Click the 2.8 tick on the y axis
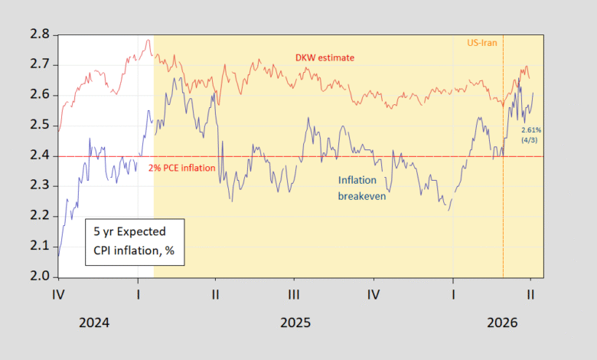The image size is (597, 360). (39, 35)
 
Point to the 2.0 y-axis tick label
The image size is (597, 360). (39, 277)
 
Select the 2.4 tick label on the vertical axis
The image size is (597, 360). (39, 156)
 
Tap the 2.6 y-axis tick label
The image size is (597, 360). (39, 96)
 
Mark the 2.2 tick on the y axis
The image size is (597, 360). (39, 217)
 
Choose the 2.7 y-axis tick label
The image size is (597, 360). (39, 66)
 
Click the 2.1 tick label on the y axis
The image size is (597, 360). (39, 247)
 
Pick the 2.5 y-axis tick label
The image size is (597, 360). (39, 126)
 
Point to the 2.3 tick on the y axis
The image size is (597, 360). (39, 186)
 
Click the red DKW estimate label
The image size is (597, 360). (325, 58)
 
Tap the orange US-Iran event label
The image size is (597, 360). (482, 43)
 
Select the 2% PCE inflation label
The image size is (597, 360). (183, 167)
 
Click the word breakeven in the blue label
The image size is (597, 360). (363, 196)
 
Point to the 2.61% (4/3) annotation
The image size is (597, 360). (531, 133)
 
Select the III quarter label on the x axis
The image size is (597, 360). (294, 295)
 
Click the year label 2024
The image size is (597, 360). (94, 322)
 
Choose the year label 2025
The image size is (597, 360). (294, 322)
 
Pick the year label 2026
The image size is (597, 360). (501, 322)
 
